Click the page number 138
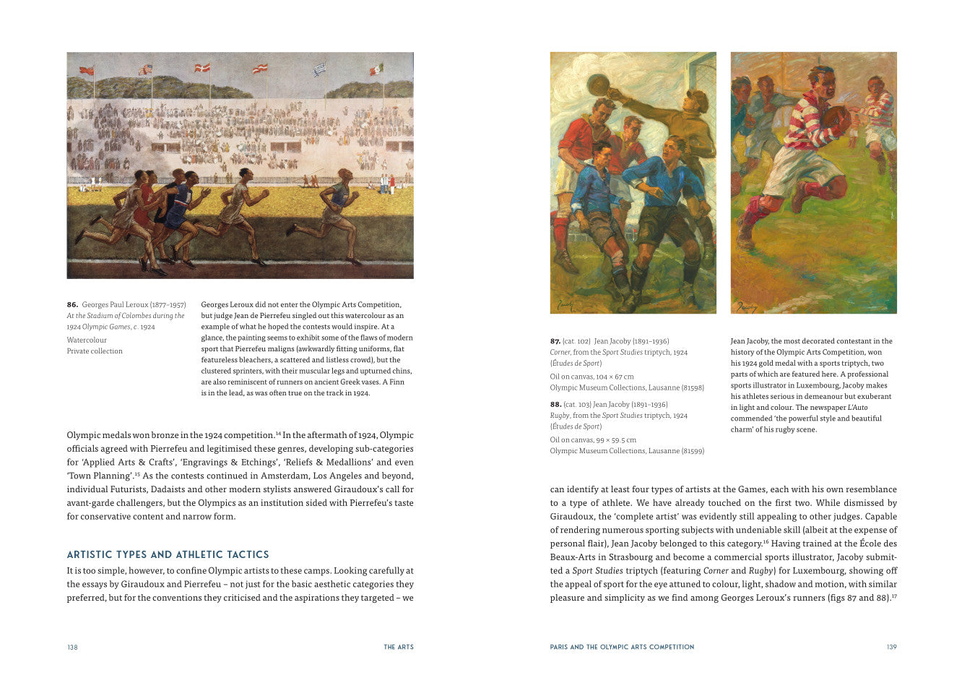(72, 647)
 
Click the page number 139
(891, 647)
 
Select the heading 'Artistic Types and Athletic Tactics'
(168, 555)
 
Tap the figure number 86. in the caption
(72, 305)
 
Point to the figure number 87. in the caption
(555, 341)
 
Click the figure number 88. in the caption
(555, 405)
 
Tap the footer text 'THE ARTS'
(399, 647)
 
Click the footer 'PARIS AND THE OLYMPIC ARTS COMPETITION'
(622, 647)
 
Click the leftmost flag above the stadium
(87, 70)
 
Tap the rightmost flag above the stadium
(376, 69)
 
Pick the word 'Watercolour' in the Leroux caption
(87, 340)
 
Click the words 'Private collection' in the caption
(95, 351)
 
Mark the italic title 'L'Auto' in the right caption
(857, 408)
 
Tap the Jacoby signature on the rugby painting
(745, 306)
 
